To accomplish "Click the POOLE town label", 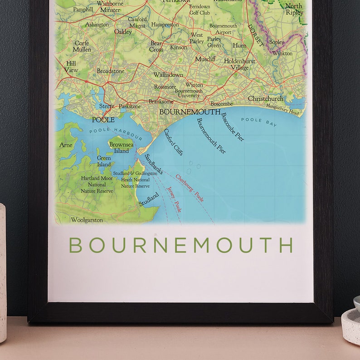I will pyautogui.click(x=103, y=120).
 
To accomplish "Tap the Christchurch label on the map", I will pyautogui.click(x=265, y=98).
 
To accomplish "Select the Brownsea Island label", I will pyautogui.click(x=121, y=148).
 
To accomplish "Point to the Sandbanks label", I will pyautogui.click(x=153, y=164).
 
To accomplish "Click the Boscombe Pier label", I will pyautogui.click(x=233, y=126).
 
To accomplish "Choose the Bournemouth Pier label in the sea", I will pyautogui.click(x=211, y=136).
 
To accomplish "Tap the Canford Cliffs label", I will pyautogui.click(x=173, y=142).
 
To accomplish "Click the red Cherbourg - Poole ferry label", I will pyautogui.click(x=190, y=188).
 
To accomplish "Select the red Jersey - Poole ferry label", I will pyautogui.click(x=174, y=199).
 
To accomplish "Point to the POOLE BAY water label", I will pyautogui.click(x=258, y=121).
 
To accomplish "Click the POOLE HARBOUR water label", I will pyautogui.click(x=116, y=134).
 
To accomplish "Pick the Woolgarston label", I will pyautogui.click(x=87, y=220).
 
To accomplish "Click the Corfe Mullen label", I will pyautogui.click(x=82, y=46).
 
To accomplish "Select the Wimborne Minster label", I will pyautogui.click(x=110, y=6).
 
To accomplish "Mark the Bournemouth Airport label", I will pyautogui.click(x=223, y=29).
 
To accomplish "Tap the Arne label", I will pyautogui.click(x=66, y=146).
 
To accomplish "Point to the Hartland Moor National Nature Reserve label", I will pyautogui.click(x=97, y=185).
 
